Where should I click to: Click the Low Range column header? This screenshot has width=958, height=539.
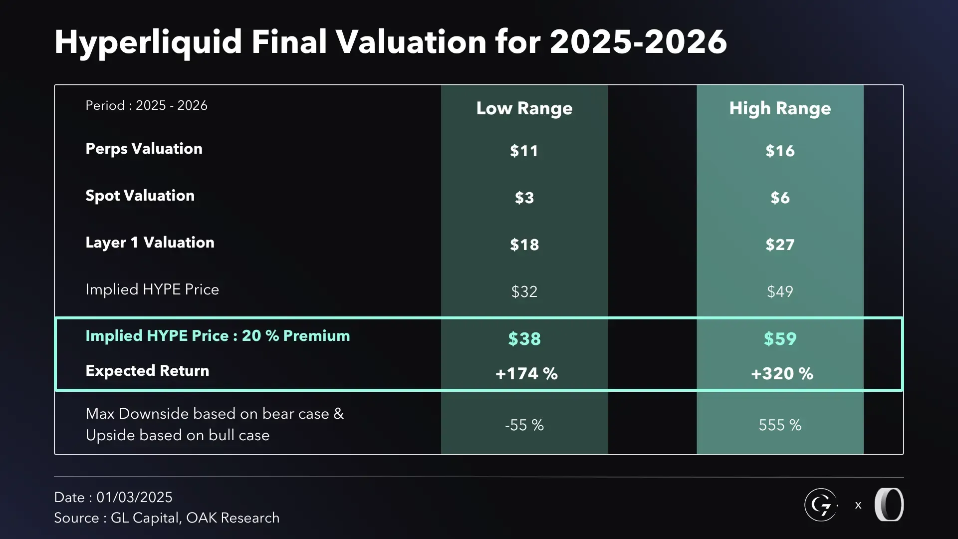[x=524, y=108]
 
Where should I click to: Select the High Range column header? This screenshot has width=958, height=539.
[x=780, y=108]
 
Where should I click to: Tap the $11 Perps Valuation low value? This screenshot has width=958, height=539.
[x=524, y=151]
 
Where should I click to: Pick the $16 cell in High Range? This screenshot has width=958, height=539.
[x=780, y=151]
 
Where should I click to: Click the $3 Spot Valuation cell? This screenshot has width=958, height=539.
[x=524, y=198]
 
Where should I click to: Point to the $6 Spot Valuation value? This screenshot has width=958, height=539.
[x=780, y=198]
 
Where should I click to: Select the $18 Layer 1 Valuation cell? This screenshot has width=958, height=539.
[x=524, y=245]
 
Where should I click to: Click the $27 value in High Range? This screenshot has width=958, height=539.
[x=780, y=245]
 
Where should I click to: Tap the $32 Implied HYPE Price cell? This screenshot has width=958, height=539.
[x=524, y=291]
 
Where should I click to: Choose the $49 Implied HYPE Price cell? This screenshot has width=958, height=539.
[x=780, y=291]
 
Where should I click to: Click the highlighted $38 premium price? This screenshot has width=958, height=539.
[x=524, y=339]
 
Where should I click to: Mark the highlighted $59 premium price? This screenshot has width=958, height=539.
[x=780, y=339]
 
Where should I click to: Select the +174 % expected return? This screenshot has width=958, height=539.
[x=526, y=374]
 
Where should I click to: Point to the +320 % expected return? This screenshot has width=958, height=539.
[x=782, y=374]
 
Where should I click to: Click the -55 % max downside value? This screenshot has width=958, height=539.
[x=524, y=425]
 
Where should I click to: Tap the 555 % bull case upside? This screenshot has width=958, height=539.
[x=780, y=425]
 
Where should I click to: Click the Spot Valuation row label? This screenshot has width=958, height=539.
[x=140, y=196]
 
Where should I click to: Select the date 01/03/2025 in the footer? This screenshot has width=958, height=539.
[x=134, y=498]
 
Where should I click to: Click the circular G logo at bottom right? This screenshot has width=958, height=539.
[x=821, y=505]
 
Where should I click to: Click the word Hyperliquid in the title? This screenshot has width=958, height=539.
[x=148, y=42]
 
